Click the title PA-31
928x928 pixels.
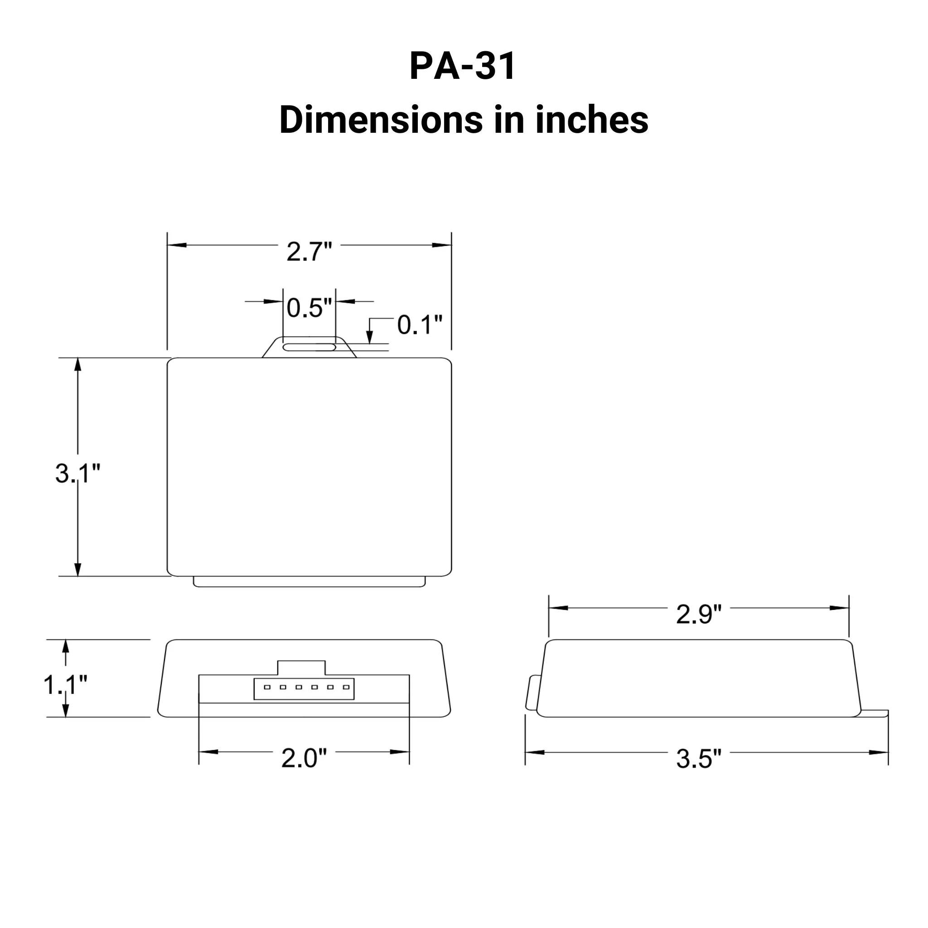tap(463, 66)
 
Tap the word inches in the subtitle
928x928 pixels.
tap(592, 120)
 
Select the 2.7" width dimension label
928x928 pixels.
tap(309, 251)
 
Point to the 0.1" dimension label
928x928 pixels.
tap(419, 325)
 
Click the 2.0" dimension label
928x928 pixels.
tap(304, 758)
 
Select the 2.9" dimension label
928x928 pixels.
tap(698, 614)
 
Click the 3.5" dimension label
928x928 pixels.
tap(698, 759)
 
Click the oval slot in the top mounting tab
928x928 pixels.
tap(309, 347)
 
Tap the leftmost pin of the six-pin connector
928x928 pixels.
tap(267, 687)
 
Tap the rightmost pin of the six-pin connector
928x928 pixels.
tap(346, 687)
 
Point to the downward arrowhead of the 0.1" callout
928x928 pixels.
tap(369, 338)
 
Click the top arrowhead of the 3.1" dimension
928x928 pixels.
tap(78, 366)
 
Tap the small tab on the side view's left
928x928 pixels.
tap(533, 692)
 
